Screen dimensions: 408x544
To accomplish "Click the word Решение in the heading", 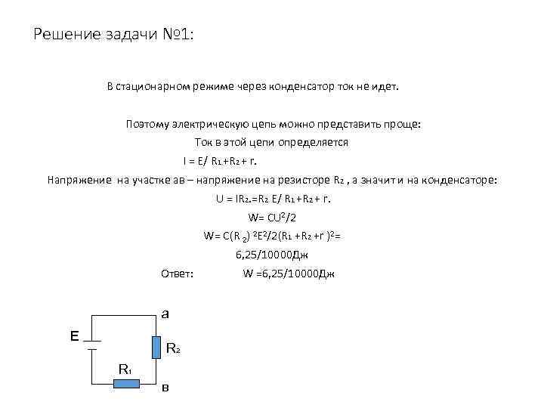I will click(63, 35).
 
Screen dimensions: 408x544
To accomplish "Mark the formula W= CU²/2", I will click(272, 218).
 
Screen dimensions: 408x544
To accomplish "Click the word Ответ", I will click(178, 274).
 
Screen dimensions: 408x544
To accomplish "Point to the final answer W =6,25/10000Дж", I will click(288, 274).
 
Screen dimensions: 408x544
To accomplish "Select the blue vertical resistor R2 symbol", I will click(156, 347).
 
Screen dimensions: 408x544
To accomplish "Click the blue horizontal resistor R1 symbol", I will click(128, 384).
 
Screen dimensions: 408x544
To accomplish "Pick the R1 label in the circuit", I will click(125, 369).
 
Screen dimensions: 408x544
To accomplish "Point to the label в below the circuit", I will click(165, 388).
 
